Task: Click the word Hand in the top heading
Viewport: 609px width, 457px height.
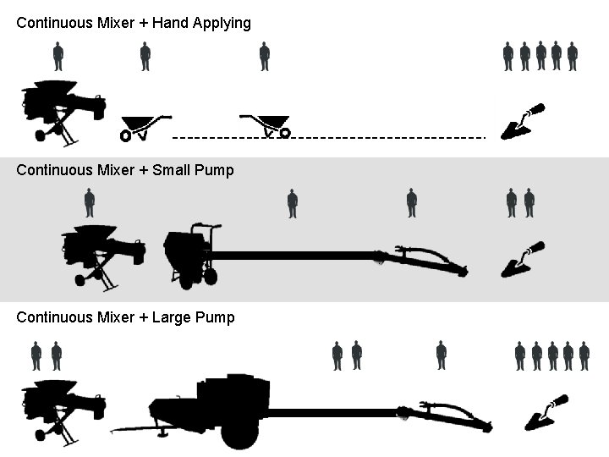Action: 170,23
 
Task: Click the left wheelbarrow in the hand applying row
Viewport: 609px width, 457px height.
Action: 143,126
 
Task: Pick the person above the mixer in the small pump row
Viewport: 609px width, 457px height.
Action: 90,203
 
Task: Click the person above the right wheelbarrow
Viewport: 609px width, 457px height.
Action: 265,57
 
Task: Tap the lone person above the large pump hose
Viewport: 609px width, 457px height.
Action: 441,355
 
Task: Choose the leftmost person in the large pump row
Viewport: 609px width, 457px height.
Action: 36,355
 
